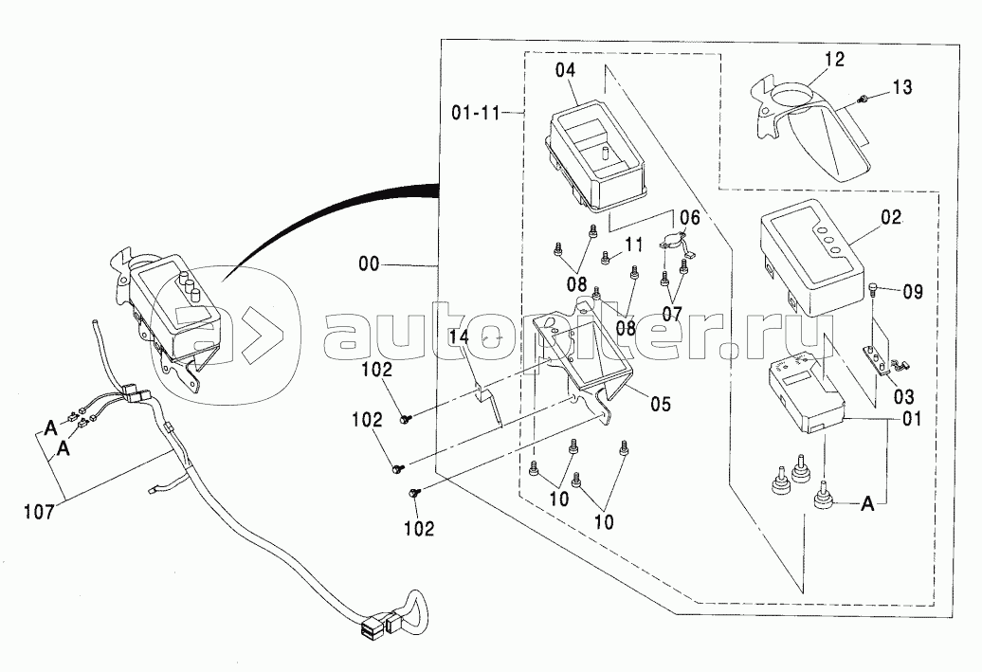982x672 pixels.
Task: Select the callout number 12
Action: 833,60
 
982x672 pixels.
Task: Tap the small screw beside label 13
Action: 863,100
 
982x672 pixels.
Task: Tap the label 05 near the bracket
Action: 660,403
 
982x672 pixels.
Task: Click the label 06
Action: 689,217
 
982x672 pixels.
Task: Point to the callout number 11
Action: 633,245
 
